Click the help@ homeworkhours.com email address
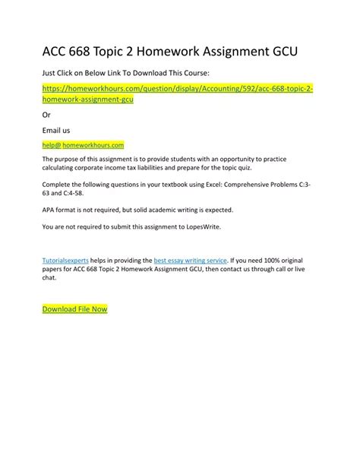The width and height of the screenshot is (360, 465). tap(84, 143)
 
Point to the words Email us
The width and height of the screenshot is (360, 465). tap(55, 130)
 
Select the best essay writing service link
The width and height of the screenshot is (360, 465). tap(190, 260)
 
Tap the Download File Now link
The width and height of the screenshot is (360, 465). tap(74, 309)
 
